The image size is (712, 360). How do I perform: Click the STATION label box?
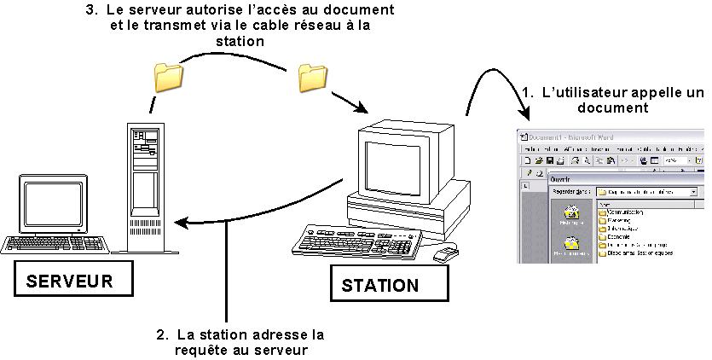click(x=380, y=284)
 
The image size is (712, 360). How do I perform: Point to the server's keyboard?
click(x=56, y=244)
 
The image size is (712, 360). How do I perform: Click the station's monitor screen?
click(x=393, y=168)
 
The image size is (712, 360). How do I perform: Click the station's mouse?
click(x=445, y=253)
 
